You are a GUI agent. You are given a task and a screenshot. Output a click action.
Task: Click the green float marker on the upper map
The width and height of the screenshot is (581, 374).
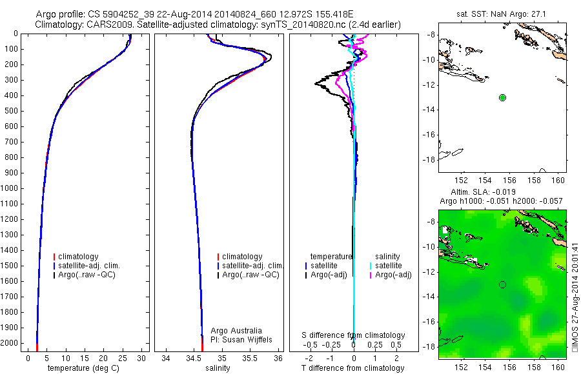[502, 97]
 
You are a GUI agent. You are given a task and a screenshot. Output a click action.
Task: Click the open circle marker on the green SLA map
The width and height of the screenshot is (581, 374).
[502, 284]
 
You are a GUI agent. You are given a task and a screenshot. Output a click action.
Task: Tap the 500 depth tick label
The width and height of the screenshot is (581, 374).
[10, 111]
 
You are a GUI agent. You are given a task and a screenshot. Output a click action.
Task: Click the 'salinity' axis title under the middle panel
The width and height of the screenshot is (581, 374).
[218, 368]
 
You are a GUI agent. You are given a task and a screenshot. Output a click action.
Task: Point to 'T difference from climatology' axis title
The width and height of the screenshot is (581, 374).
[353, 368]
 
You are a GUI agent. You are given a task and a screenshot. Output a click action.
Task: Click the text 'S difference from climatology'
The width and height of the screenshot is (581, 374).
[354, 335]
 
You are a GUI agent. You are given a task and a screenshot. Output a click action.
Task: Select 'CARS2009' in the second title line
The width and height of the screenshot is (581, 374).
[103, 25]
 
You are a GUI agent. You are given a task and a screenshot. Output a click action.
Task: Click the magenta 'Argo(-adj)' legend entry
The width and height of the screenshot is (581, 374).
[394, 275]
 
